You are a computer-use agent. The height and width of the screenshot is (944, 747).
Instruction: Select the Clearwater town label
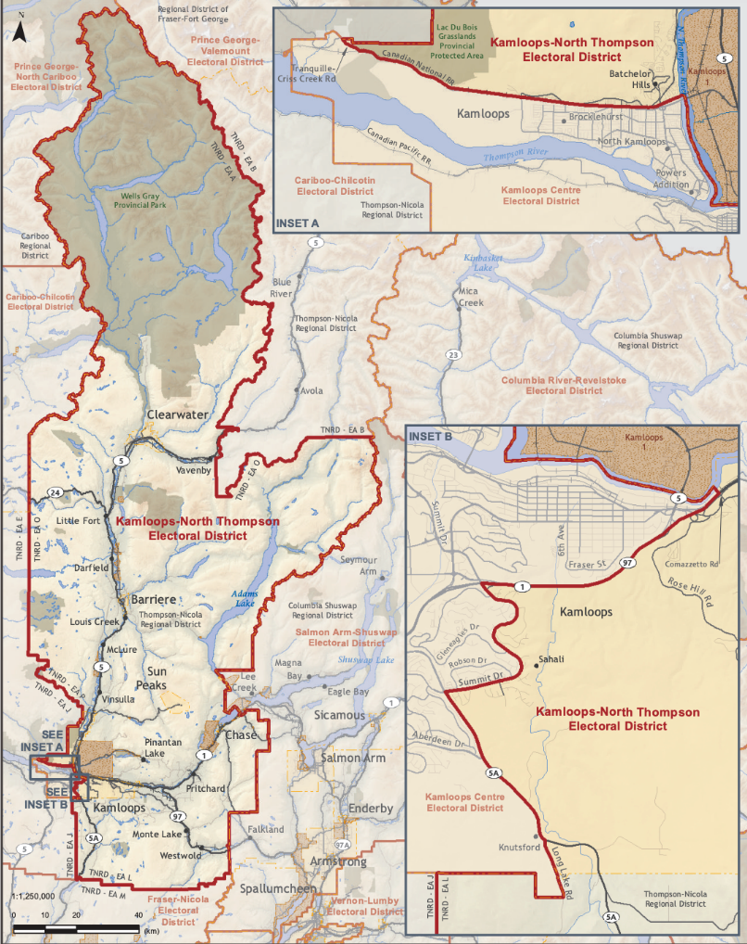[x=177, y=415]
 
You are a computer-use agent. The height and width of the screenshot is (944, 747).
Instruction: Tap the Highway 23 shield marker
[x=453, y=355]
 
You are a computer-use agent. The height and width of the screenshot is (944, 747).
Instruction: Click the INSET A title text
[x=297, y=223]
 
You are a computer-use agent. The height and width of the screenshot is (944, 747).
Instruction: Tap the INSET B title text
[x=430, y=435]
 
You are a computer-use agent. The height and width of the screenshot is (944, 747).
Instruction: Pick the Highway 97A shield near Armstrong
[x=342, y=845]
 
